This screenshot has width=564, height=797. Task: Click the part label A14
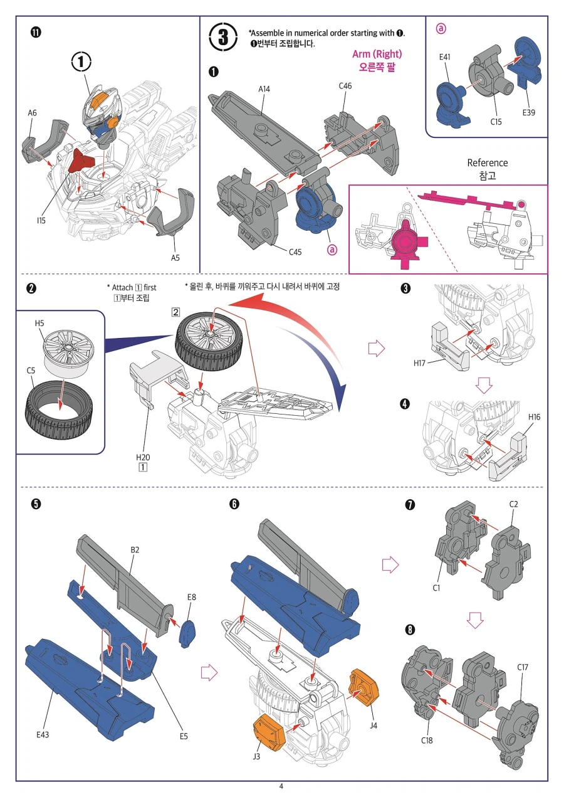click(x=264, y=89)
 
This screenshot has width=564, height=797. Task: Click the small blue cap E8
click(x=187, y=635)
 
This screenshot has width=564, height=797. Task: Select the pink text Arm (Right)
click(x=377, y=54)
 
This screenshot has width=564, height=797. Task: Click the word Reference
click(x=487, y=162)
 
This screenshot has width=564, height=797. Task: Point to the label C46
click(x=345, y=86)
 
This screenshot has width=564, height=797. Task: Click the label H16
click(x=535, y=417)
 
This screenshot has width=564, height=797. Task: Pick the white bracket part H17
click(x=449, y=344)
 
